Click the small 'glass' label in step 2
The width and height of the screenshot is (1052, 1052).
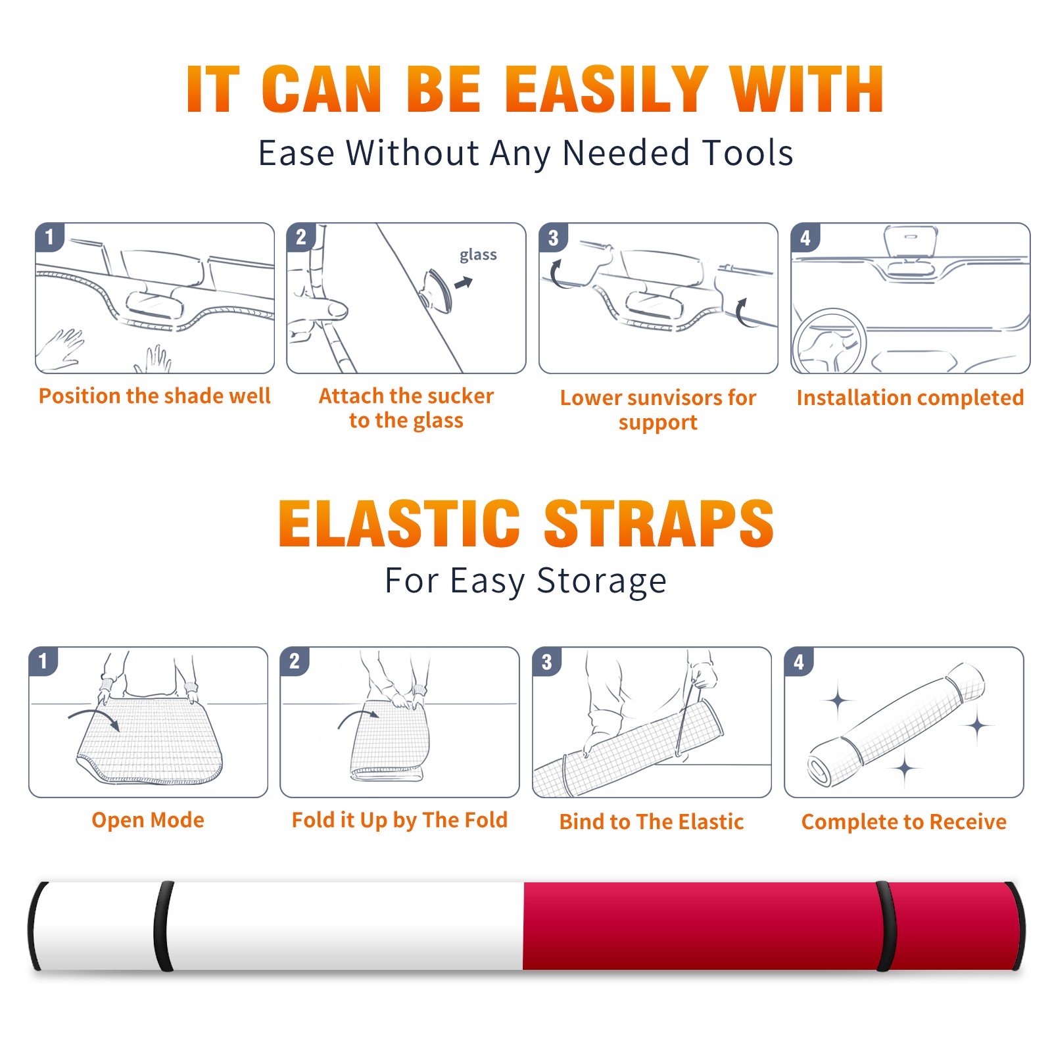click(x=478, y=255)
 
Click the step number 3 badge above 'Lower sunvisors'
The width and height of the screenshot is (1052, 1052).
click(x=553, y=237)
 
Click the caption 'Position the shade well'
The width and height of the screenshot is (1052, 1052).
click(x=155, y=396)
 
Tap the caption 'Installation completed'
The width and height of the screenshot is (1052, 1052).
click(x=910, y=398)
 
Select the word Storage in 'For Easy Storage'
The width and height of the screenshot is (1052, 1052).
click(x=602, y=581)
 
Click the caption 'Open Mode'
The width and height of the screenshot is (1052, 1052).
click(x=148, y=820)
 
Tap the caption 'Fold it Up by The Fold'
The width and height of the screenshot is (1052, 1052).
click(x=400, y=820)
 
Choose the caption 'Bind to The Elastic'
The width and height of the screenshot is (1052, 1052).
click(x=652, y=822)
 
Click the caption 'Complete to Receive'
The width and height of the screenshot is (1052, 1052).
click(x=904, y=822)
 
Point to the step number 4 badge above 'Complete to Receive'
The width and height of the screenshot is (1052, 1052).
click(x=799, y=661)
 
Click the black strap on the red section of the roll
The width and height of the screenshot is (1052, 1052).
click(x=886, y=926)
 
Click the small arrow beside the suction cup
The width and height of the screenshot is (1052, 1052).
click(x=464, y=283)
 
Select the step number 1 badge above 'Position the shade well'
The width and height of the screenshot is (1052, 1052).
click(x=49, y=237)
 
